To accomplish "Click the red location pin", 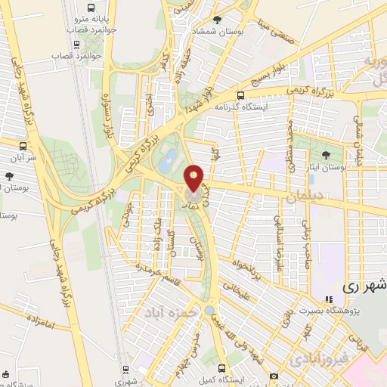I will coord(195,178).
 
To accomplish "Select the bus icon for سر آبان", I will coord(24,145).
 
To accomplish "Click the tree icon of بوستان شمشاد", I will coord(218,20).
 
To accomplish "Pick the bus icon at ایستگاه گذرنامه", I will coord(240,96).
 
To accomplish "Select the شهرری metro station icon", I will coord(126,370).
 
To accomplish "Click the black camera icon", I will coord(273,376).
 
